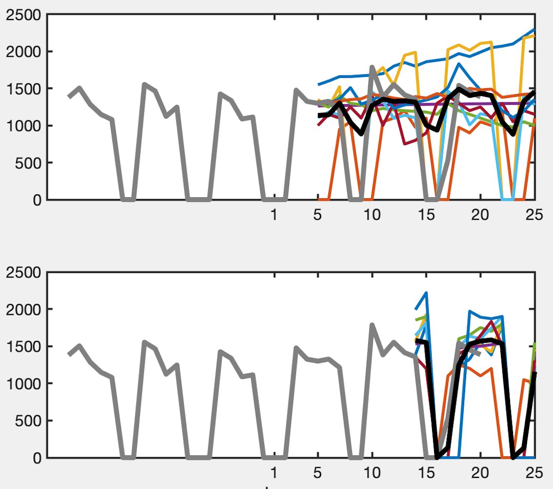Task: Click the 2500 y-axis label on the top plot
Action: coord(23,15)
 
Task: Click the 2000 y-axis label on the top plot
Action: coord(23,52)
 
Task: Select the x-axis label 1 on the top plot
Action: coord(275,215)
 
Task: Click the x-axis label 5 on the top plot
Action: coord(318,215)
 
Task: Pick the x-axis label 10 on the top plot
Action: coord(372,215)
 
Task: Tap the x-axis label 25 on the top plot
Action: coord(534,215)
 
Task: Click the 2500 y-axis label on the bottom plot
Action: coord(23,272)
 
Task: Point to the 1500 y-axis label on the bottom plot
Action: coord(23,346)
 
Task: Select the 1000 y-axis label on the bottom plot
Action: coord(23,384)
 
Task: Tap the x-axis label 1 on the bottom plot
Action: coord(275,472)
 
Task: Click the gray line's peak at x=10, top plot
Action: coord(372,67)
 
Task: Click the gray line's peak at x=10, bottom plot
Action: coord(372,324)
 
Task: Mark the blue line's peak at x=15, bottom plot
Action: coord(427,293)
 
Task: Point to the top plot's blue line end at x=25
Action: coord(534,30)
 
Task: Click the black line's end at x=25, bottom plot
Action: coord(535,373)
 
